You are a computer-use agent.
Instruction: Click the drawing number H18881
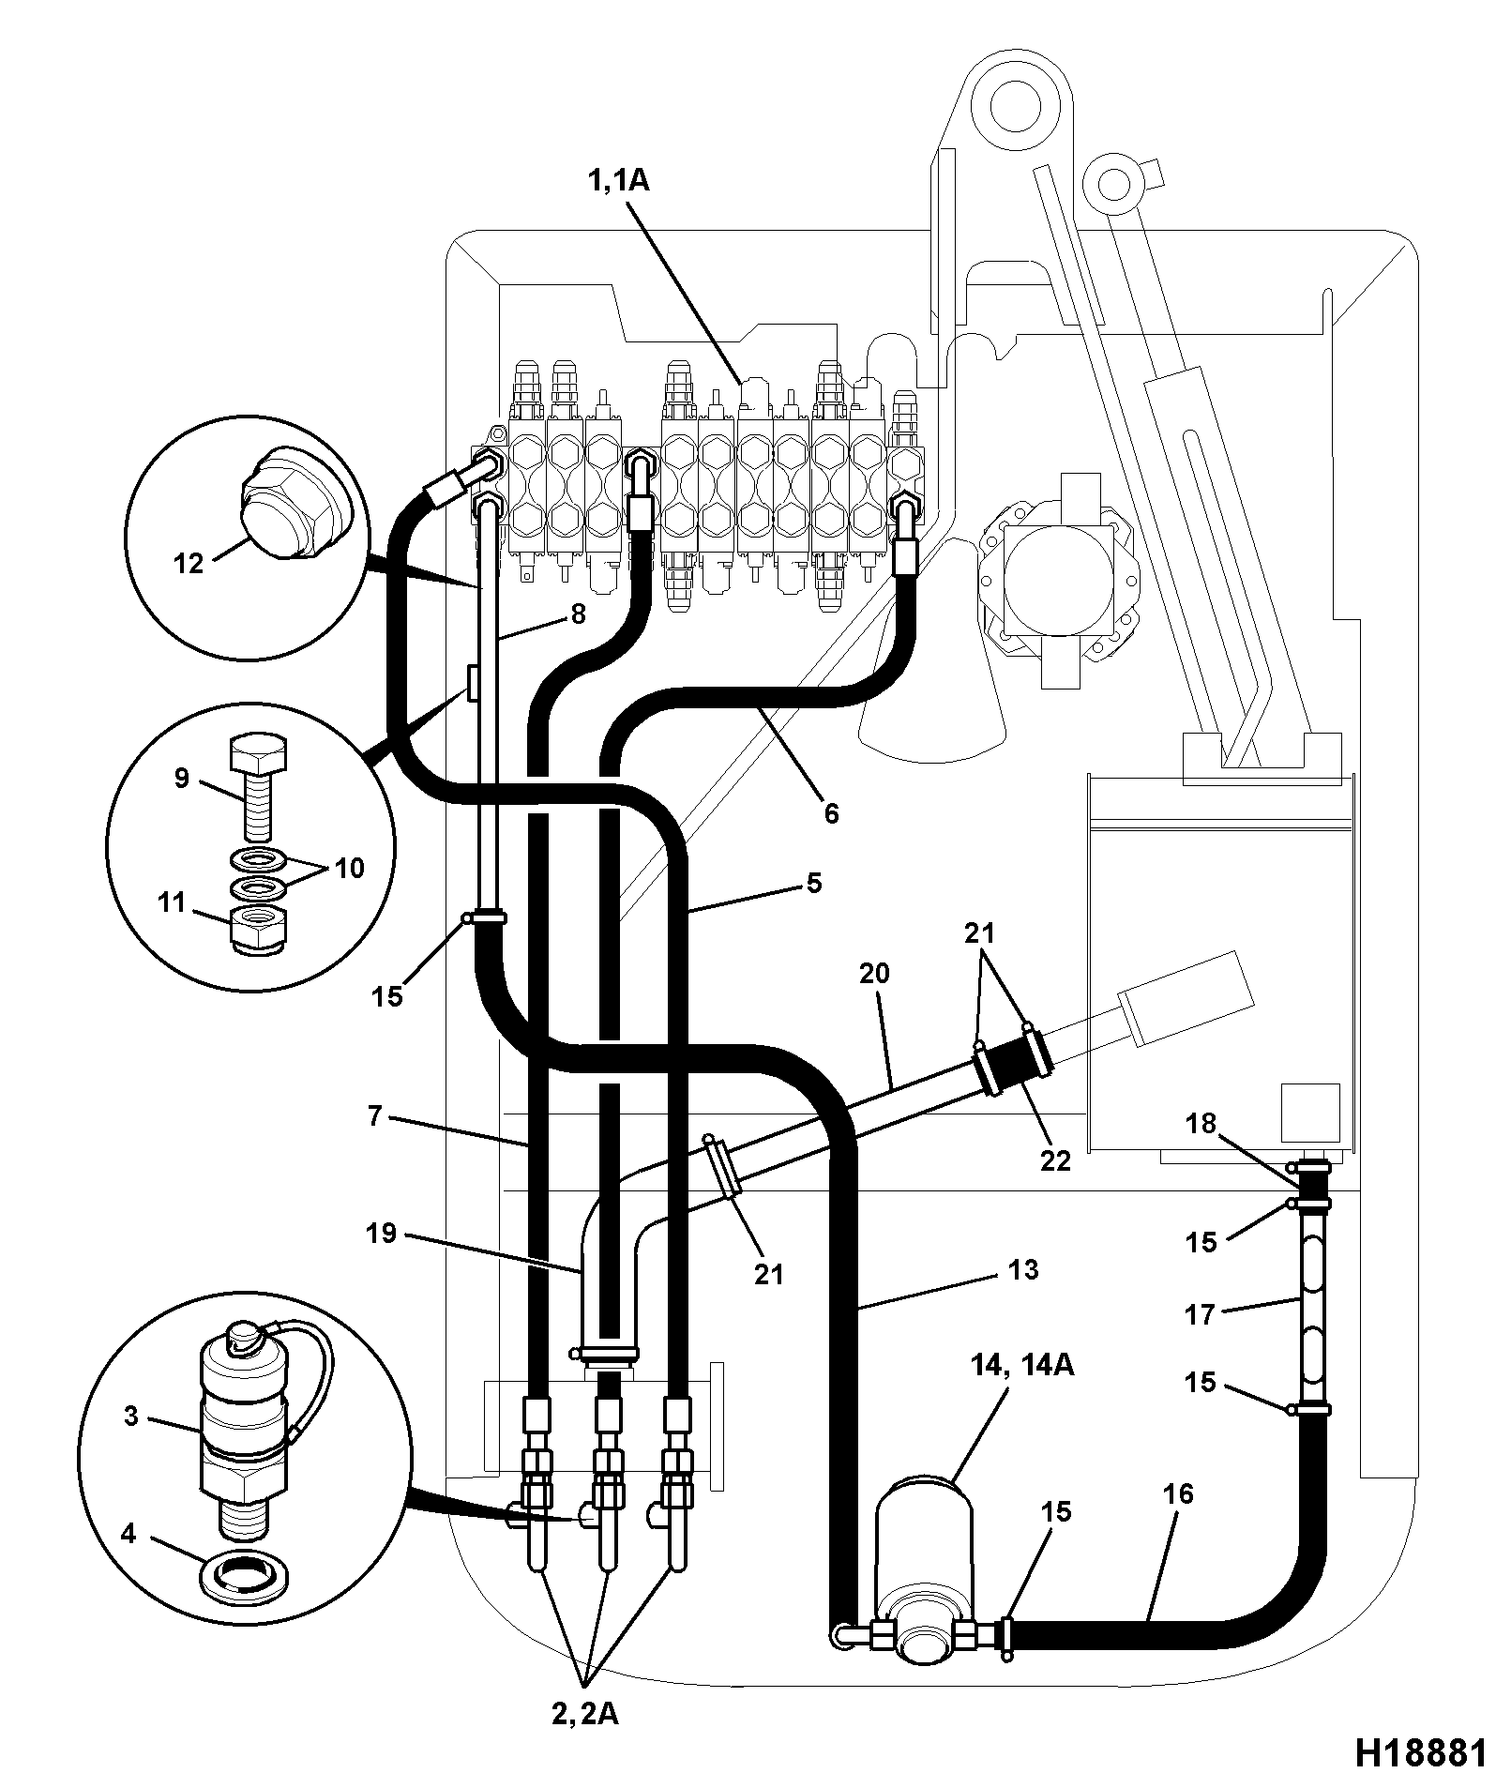(1418, 1750)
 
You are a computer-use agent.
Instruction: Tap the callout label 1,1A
(618, 179)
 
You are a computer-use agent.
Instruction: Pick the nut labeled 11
(256, 931)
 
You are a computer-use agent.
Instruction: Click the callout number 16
(1178, 1493)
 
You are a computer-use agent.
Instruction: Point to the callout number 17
(1200, 1314)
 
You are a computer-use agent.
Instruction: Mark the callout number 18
(1201, 1123)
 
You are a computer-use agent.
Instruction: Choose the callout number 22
(1055, 1160)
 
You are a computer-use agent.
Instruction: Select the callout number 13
(1023, 1269)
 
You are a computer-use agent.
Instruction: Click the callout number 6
(831, 812)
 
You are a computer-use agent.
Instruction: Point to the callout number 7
(374, 1116)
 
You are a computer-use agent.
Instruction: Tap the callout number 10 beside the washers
(349, 868)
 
